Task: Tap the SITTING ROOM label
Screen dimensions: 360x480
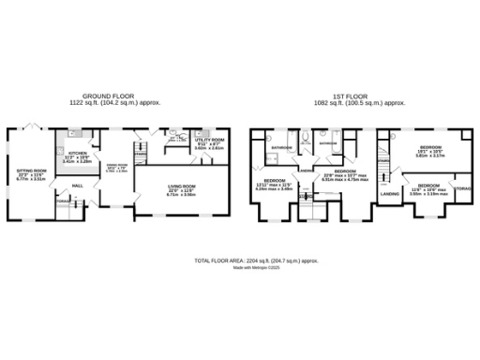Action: pyautogui.click(x=31, y=171)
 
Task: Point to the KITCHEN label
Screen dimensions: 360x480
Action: pyautogui.click(x=77, y=152)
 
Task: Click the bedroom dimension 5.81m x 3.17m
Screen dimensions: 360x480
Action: pyautogui.click(x=430, y=156)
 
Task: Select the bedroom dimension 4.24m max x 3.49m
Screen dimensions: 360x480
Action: pyautogui.click(x=275, y=189)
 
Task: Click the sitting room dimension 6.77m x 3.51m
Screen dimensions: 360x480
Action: pyautogui.click(x=31, y=181)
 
